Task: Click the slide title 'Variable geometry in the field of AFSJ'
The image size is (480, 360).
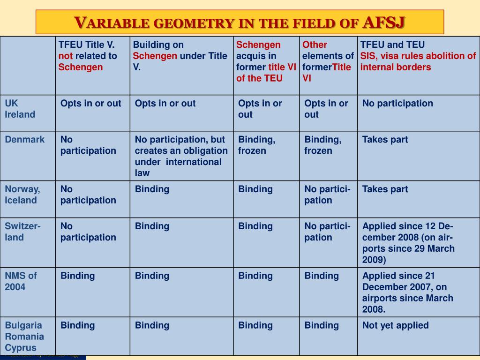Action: (x=240, y=22)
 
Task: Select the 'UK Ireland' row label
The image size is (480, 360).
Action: (x=20, y=109)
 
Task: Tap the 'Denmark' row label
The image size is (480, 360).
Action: (x=25, y=139)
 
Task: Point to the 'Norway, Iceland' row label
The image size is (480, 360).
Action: (x=22, y=195)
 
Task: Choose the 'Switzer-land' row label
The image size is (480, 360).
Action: (x=22, y=232)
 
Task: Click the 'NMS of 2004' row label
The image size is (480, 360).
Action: (x=21, y=281)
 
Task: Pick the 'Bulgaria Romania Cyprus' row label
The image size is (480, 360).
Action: (x=24, y=337)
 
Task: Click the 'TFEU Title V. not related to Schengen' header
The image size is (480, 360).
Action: (x=88, y=56)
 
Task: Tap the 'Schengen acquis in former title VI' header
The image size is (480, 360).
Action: (x=266, y=61)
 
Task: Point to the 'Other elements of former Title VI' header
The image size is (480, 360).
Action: (x=328, y=61)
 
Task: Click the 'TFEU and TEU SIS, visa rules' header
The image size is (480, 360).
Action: (x=418, y=56)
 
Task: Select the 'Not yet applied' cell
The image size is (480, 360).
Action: (x=395, y=325)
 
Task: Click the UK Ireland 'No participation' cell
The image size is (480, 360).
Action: (x=397, y=103)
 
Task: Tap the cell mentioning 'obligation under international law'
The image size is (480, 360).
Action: (x=181, y=156)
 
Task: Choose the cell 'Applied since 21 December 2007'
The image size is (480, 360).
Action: (x=407, y=292)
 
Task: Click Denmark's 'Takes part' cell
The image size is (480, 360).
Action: (x=385, y=139)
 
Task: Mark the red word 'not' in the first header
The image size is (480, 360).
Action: (x=66, y=56)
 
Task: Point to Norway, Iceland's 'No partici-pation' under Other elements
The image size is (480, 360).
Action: (x=327, y=195)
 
